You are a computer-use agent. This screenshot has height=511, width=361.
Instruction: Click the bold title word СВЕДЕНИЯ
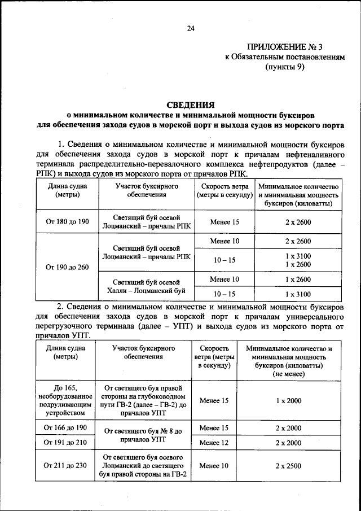(x=191, y=104)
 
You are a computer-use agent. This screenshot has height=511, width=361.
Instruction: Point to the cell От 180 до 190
(x=68, y=222)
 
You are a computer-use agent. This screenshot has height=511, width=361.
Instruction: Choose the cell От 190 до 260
(x=68, y=267)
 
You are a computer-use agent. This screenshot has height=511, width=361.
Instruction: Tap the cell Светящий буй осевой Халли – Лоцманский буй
(x=146, y=286)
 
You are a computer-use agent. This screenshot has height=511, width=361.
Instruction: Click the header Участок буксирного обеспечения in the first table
(x=146, y=190)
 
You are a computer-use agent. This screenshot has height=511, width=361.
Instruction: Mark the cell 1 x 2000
(x=289, y=400)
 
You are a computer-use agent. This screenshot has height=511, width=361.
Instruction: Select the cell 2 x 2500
(x=289, y=466)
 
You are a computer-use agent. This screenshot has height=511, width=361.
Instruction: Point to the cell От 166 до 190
(x=65, y=428)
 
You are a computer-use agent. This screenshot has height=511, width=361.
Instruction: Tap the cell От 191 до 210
(x=65, y=443)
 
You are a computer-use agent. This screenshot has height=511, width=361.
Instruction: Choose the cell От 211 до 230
(x=65, y=466)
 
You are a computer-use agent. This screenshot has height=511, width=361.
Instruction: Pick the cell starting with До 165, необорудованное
(x=65, y=400)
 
